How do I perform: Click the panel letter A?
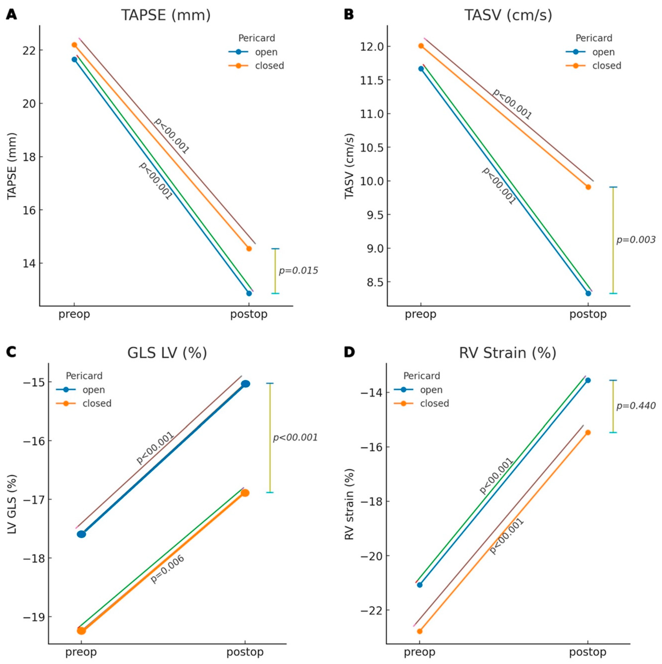click(11, 15)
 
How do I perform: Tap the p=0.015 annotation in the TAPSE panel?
click(298, 271)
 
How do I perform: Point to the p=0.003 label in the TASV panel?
click(636, 240)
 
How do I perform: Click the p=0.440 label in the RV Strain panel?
click(636, 406)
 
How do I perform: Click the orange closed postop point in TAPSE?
click(249, 248)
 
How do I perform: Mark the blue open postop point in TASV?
click(588, 293)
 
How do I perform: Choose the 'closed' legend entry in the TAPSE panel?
click(269, 66)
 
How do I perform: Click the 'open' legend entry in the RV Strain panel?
click(431, 390)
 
